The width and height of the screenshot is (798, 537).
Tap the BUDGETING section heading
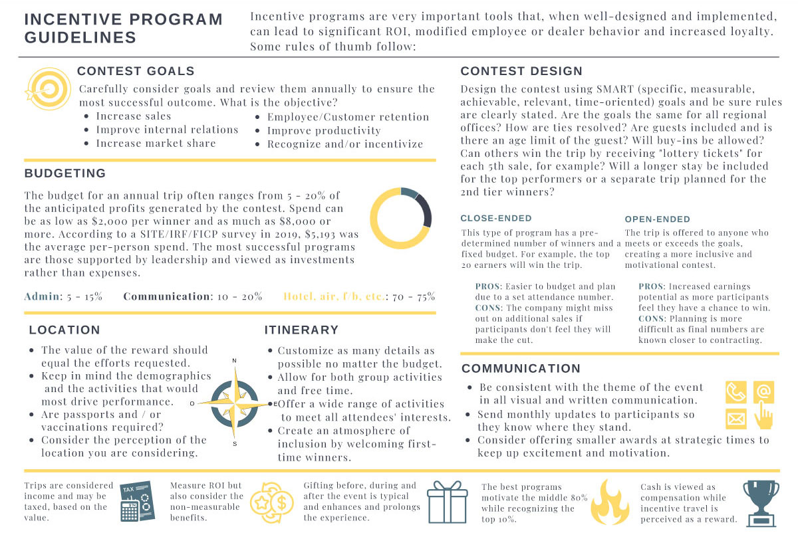click(x=65, y=173)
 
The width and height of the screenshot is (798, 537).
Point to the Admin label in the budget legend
click(x=42, y=296)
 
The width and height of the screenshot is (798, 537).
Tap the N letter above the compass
click(x=234, y=361)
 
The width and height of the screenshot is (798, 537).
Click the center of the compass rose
click(x=234, y=403)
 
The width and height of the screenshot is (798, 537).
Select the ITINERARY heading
click(x=301, y=330)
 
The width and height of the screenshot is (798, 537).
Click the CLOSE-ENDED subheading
click(x=496, y=218)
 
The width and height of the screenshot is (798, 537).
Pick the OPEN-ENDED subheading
click(x=658, y=219)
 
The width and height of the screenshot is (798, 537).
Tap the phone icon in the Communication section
click(x=735, y=393)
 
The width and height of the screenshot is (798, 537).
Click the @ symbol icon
click(x=763, y=392)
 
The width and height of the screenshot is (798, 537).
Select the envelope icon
click(x=735, y=419)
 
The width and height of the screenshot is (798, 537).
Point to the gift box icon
click(x=448, y=501)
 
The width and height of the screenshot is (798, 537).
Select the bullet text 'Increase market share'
click(x=156, y=144)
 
